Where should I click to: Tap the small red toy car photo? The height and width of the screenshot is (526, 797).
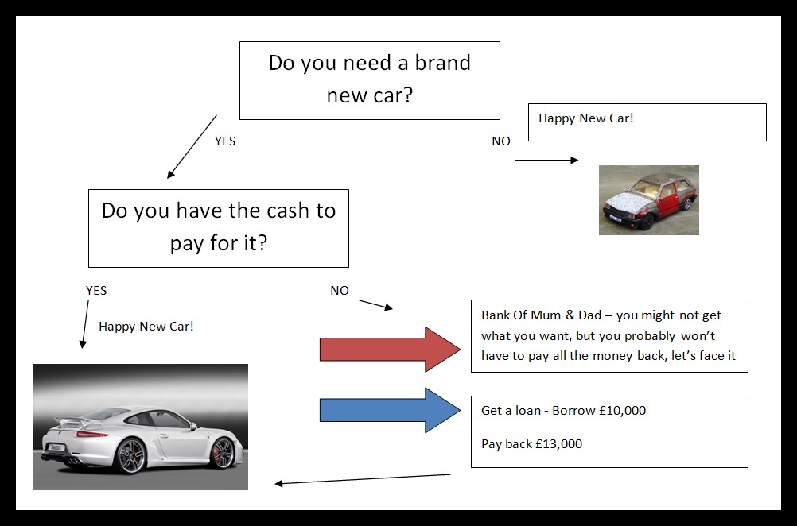(x=648, y=200)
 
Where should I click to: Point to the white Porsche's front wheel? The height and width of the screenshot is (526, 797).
(x=224, y=453)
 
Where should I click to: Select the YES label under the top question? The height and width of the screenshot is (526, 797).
(x=225, y=141)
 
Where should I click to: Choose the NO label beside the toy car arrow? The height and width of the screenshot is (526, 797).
(x=501, y=141)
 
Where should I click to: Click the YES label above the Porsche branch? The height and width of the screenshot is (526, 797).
(x=96, y=291)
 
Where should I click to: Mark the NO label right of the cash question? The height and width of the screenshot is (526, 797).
(x=340, y=291)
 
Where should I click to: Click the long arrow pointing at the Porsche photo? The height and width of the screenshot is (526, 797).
(x=362, y=479)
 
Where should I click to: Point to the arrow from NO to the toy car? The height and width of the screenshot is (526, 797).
(x=546, y=161)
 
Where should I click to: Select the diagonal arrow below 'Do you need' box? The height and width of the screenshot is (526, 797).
(x=192, y=147)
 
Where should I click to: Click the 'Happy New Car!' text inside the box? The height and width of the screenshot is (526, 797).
(x=586, y=118)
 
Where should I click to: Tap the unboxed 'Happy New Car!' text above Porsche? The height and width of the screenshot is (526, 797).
(x=146, y=326)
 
